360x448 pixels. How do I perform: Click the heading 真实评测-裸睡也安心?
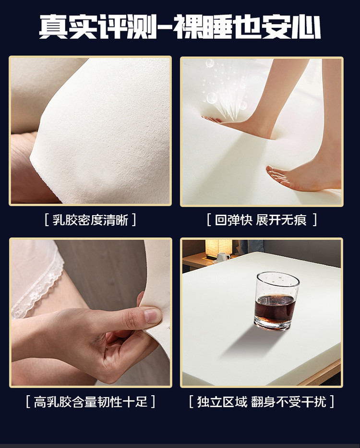[x=180, y=27]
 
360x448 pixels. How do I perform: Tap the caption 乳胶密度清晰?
[x=90, y=220]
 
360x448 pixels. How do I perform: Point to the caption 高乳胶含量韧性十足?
[x=91, y=401]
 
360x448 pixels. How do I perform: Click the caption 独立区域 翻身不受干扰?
[x=262, y=401]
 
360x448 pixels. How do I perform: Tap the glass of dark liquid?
[x=276, y=301]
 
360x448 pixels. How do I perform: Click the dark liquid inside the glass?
[x=275, y=309]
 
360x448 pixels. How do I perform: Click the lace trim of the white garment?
[x=40, y=289]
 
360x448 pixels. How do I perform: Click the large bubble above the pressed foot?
[x=212, y=97]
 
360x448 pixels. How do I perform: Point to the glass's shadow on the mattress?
[x=246, y=343]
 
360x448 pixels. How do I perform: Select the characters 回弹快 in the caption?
[x=233, y=220]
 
